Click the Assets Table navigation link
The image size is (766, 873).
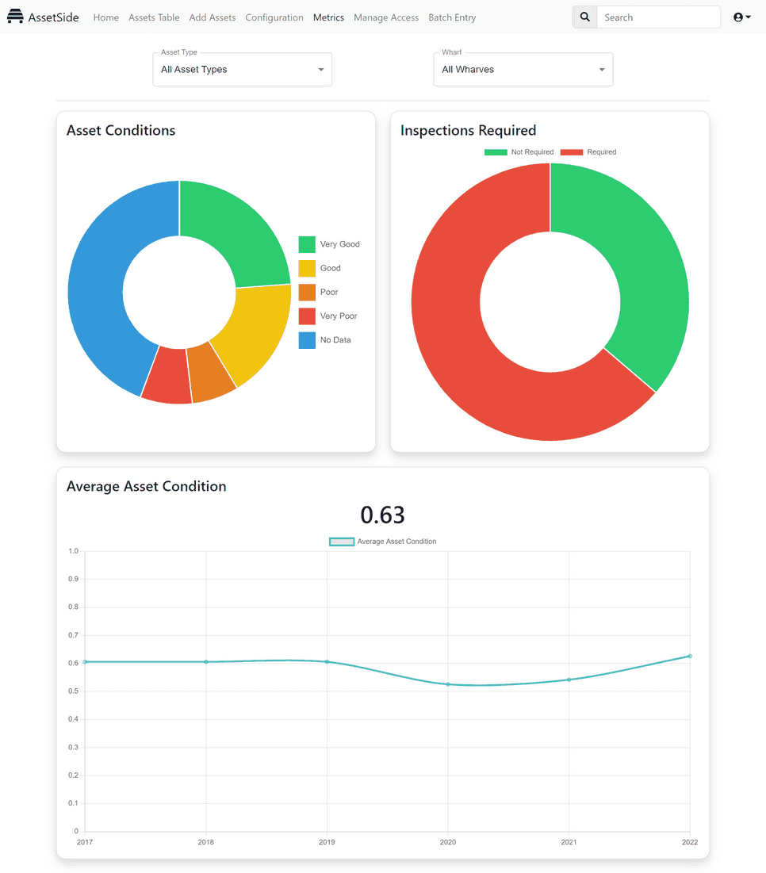(154, 17)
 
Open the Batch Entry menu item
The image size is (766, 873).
(452, 17)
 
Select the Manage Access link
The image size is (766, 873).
(386, 17)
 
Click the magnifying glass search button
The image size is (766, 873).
(584, 17)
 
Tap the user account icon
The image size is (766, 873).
(741, 17)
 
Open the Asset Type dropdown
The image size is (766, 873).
(242, 70)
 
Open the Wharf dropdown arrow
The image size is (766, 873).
(602, 70)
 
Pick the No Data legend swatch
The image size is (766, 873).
(307, 340)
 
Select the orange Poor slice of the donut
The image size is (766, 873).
(212, 372)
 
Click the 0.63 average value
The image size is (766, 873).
(382, 515)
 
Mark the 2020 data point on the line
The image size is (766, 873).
(448, 684)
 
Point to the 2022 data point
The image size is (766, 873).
(690, 656)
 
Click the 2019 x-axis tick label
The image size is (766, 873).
(327, 842)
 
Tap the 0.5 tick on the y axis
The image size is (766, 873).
(74, 691)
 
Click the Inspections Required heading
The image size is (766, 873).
(468, 131)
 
